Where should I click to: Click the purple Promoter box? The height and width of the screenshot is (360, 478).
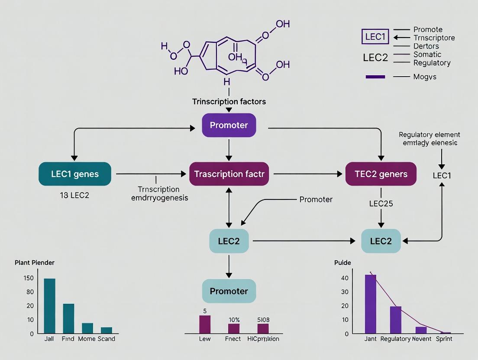coord(229,125)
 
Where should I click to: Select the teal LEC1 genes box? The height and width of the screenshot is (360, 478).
coord(75,174)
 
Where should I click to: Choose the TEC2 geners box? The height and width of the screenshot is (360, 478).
coord(381,174)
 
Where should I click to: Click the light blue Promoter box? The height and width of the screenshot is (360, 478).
coord(229,291)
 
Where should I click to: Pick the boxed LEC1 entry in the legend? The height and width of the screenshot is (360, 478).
coord(375,37)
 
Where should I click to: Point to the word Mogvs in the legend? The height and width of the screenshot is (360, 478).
coord(425,77)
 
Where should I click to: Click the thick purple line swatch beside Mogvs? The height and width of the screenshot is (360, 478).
coord(375,77)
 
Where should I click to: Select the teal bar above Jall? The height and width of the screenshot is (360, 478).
coord(50,305)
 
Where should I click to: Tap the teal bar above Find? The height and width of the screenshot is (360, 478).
coord(68,318)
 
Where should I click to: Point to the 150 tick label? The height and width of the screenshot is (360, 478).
coord(28,278)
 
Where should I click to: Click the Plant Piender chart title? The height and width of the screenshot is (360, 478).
coord(35,263)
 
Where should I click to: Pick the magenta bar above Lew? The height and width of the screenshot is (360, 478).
coord(205,324)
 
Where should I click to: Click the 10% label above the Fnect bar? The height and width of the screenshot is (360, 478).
coord(234,320)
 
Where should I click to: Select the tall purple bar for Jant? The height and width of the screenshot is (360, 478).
coord(371,304)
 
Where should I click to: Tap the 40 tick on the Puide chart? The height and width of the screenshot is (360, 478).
coord(345,278)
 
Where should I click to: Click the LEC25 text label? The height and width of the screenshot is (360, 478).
coord(381,203)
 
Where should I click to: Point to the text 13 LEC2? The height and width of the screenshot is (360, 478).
coord(74,195)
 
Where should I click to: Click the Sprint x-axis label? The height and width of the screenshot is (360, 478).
coord(443,339)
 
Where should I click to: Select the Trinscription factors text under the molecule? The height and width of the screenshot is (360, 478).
coord(229,102)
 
